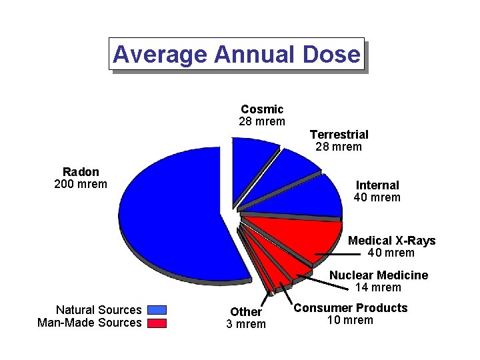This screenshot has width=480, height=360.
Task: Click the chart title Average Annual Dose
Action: (x=237, y=54)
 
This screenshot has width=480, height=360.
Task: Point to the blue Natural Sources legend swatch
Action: (x=157, y=310)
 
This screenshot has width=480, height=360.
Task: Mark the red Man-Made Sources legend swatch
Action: (x=157, y=323)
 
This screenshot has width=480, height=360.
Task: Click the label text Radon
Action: (x=81, y=172)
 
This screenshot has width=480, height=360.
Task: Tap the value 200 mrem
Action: (x=81, y=184)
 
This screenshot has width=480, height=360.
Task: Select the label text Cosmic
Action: (x=262, y=109)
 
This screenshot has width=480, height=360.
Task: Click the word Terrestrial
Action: (x=339, y=135)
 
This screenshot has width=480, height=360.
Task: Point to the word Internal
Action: (x=377, y=185)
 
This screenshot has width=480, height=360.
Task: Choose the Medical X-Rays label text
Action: (x=391, y=241)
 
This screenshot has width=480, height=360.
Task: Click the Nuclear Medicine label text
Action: (x=379, y=275)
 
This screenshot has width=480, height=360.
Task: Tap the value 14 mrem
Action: (x=379, y=288)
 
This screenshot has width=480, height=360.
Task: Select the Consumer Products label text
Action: (x=351, y=308)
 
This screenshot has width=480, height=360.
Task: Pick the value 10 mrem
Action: (x=351, y=321)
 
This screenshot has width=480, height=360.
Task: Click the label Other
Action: (x=246, y=312)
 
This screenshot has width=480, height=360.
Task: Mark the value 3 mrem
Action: (x=246, y=325)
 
